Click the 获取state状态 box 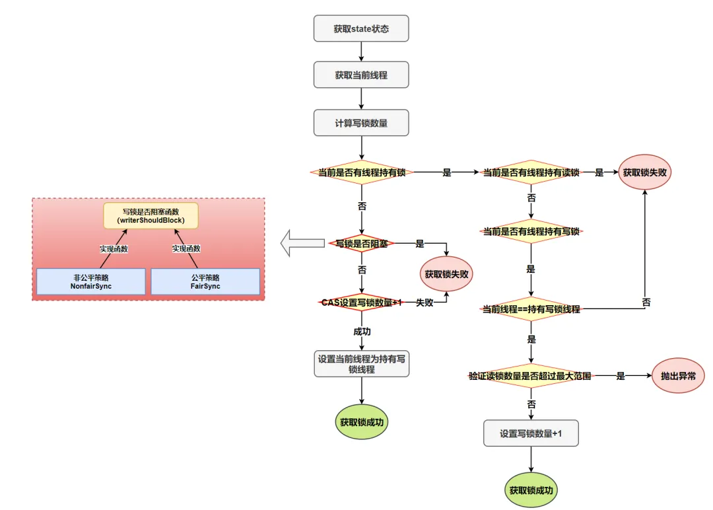[x=361, y=29]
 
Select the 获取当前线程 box [x=361, y=75]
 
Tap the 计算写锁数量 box [x=361, y=123]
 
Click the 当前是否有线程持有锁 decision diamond [x=362, y=172]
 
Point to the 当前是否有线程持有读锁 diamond [x=531, y=172]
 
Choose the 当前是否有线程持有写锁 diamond [x=531, y=231]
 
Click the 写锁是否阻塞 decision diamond [x=362, y=243]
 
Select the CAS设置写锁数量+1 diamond [x=362, y=302]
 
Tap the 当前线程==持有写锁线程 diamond [x=531, y=309]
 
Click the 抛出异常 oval [x=678, y=376]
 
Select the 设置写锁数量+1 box [x=531, y=434]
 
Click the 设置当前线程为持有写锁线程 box [x=361, y=364]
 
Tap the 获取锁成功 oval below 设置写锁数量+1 [x=531, y=491]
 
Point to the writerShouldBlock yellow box [x=150, y=215]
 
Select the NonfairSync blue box [x=91, y=282]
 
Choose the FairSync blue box [x=205, y=282]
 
